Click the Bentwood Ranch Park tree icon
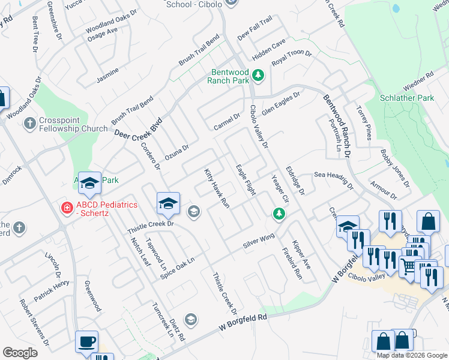pyautogui.click(x=258, y=75)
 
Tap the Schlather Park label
pyautogui.click(x=407, y=98)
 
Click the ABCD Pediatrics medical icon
pyautogui.click(x=67, y=208)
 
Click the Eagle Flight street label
pyautogui.click(x=246, y=179)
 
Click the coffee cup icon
pyautogui.click(x=86, y=341)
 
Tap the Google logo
pyautogui.click(x=20, y=353)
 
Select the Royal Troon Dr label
pyautogui.click(x=292, y=58)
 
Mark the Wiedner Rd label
pyautogui.click(x=418, y=83)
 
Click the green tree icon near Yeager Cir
pyautogui.click(x=279, y=213)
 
